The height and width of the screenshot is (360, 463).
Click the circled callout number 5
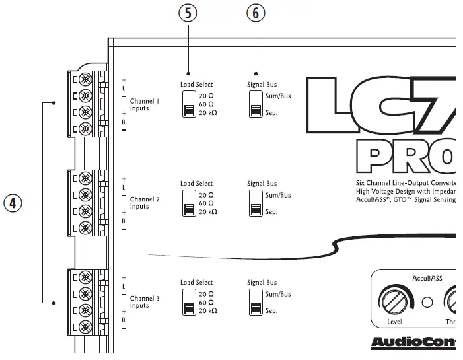188,13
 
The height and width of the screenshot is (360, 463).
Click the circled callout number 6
256,13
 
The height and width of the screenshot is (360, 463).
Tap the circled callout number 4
13,203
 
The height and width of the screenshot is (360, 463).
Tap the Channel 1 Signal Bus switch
256,104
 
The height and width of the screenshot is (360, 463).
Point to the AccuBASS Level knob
394,302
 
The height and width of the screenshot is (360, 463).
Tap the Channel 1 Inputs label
144,105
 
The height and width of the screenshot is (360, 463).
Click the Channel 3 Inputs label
144,302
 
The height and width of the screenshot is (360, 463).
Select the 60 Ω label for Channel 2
206,203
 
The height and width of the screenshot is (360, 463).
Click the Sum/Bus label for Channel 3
278,294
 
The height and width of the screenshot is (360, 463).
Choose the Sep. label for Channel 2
271,212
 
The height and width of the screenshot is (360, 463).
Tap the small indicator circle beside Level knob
427,303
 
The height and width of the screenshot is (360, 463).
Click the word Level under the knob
394,322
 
